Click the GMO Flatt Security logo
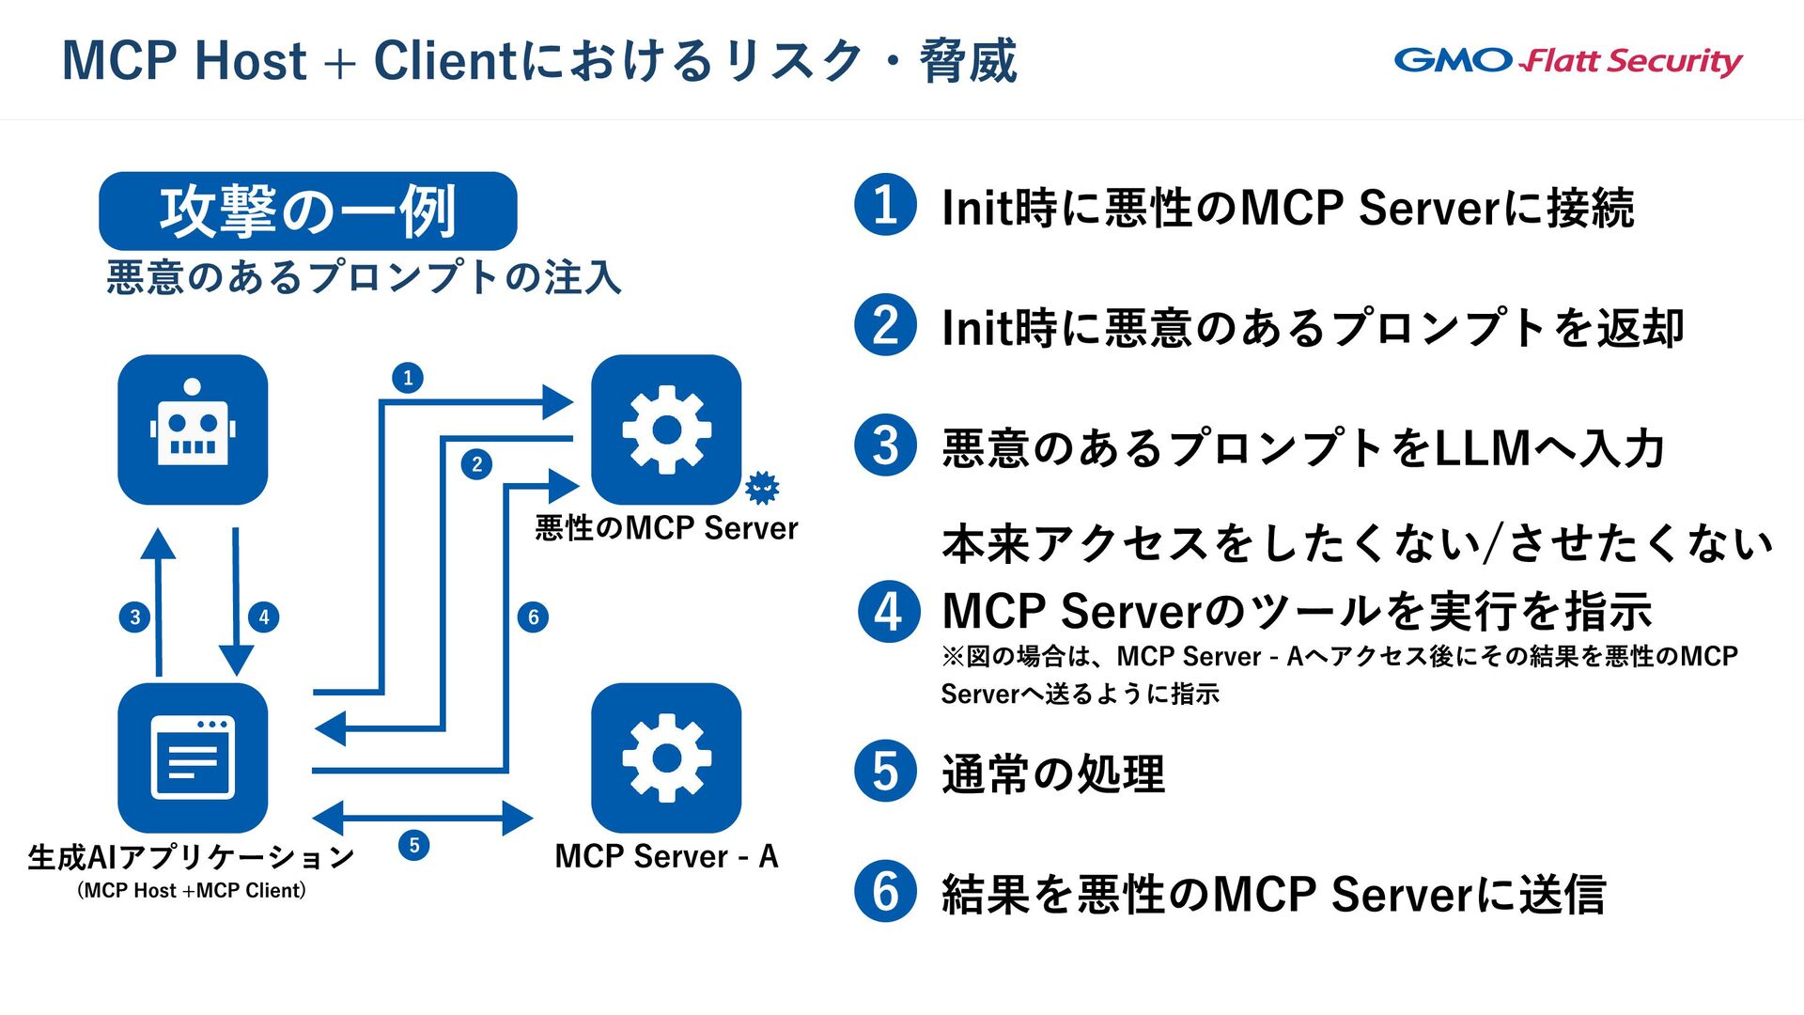tap(1567, 61)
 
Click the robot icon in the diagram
tap(193, 429)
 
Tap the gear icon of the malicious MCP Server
tap(666, 429)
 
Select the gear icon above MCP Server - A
tap(666, 757)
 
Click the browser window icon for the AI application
tap(193, 757)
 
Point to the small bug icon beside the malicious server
tap(762, 487)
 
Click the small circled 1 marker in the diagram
tap(408, 378)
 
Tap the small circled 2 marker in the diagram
tap(476, 464)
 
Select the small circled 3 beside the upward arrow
tap(135, 617)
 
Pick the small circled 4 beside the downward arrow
tap(264, 617)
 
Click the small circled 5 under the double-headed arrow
tap(414, 845)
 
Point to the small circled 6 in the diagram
tap(533, 617)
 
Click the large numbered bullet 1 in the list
tap(885, 205)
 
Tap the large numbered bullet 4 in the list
tap(888, 612)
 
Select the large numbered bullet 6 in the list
tap(885, 891)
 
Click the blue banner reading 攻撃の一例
tap(307, 211)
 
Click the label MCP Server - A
tap(666, 856)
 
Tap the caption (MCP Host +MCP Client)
tap(192, 890)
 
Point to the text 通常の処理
tap(1053, 774)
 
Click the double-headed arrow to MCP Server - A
tap(422, 818)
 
